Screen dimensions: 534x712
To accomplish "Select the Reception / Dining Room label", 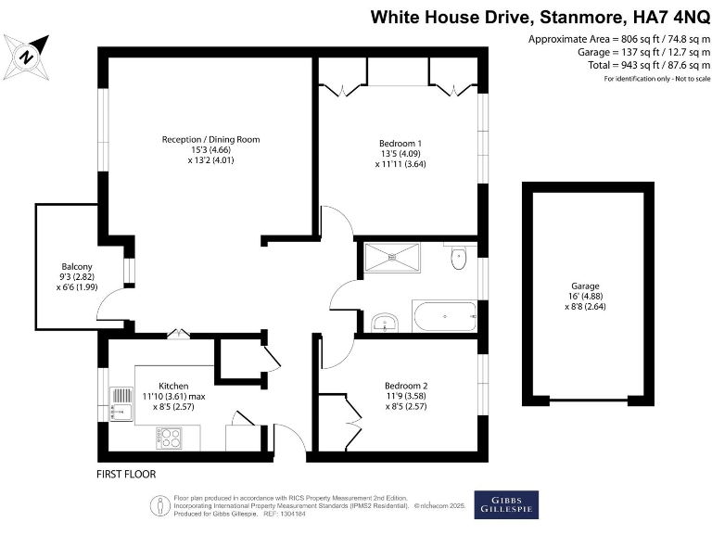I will pos(210,139).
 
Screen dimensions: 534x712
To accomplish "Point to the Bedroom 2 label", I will pos(406,386).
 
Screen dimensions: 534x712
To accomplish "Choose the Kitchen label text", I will pos(173,386).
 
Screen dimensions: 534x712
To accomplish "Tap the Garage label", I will pos(584,286).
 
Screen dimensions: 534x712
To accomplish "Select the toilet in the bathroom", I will pos(458,260).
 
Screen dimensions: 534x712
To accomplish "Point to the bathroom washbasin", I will pos(383,323).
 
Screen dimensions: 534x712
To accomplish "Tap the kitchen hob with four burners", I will pos(171,436).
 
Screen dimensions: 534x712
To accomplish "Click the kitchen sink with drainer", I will pos(121,404).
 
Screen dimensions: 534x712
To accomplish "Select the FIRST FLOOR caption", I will pos(126,474).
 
